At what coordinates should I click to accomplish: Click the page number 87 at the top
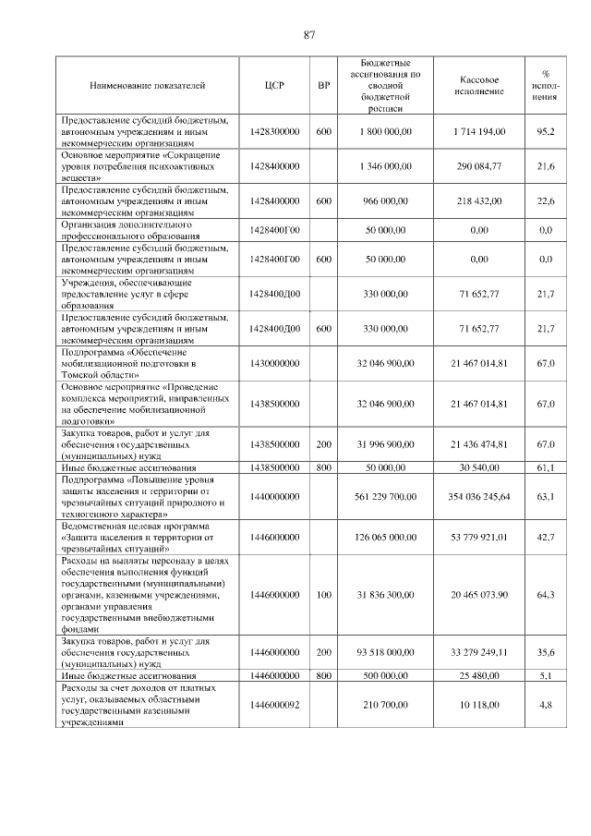309,35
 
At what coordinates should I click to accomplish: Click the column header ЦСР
274,86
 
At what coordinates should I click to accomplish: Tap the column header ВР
323,86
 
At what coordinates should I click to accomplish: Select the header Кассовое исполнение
479,86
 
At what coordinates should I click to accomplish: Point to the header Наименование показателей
149,86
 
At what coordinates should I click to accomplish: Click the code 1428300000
274,132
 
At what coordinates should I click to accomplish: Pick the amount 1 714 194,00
479,132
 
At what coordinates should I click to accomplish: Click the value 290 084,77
479,166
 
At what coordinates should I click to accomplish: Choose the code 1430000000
274,364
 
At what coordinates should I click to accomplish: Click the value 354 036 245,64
479,497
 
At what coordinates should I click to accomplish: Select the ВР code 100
323,594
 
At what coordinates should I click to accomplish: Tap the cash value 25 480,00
479,675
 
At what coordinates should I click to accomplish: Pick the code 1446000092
274,705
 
